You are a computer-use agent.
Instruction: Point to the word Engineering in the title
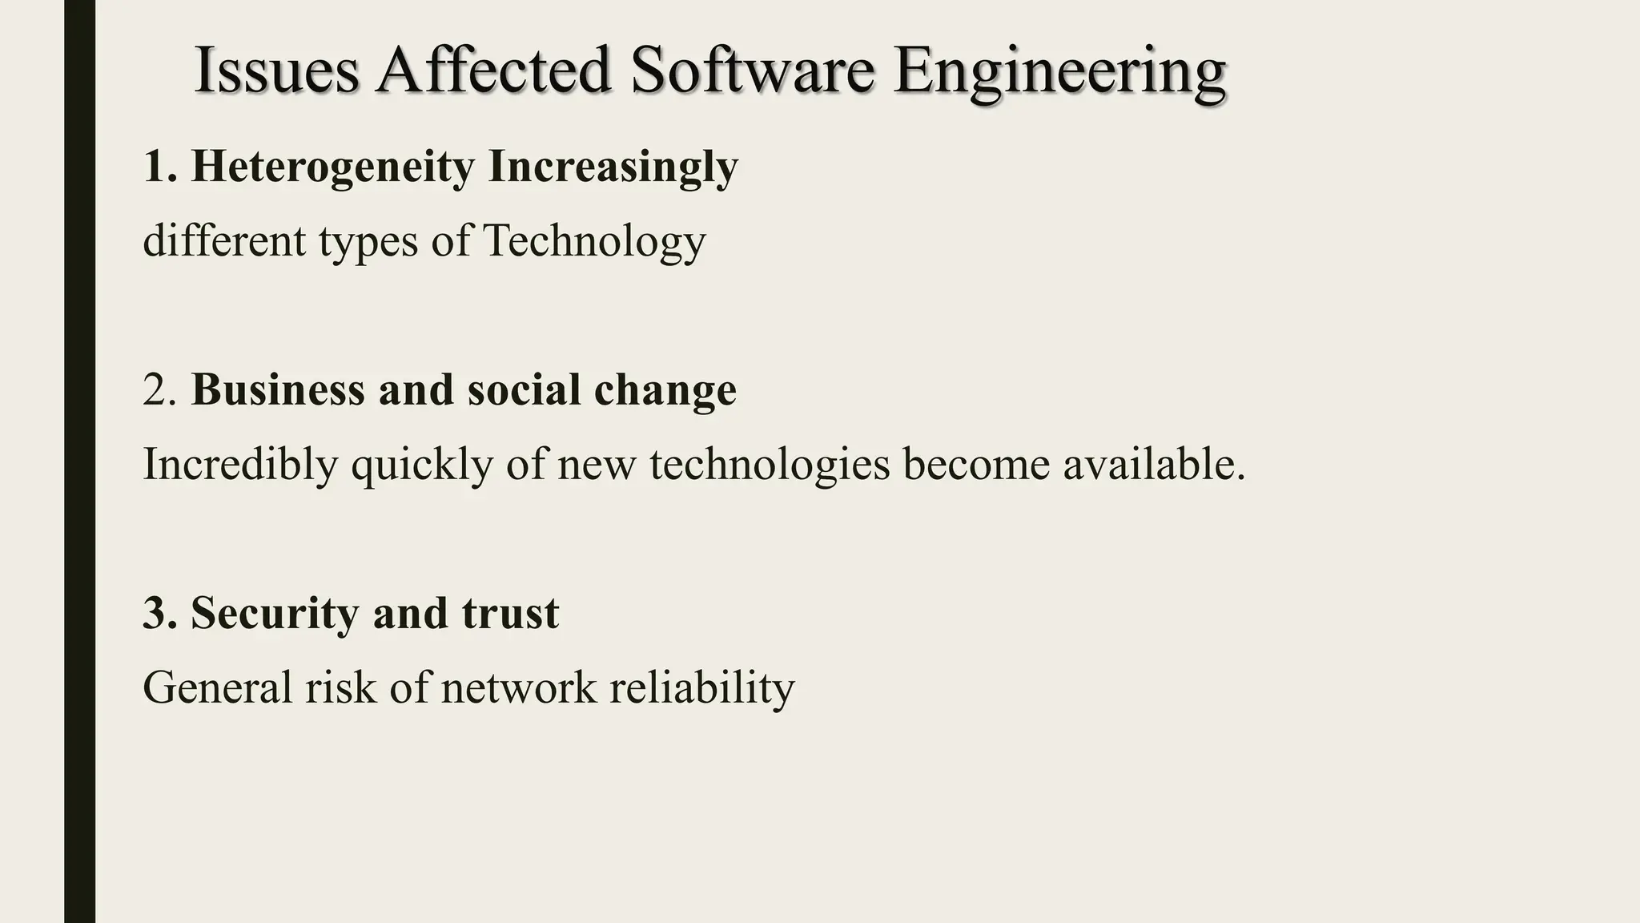(x=1059, y=72)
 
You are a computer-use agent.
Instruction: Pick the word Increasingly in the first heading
(x=613, y=168)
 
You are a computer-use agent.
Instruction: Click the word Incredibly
(x=240, y=465)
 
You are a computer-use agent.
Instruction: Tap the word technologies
(x=770, y=465)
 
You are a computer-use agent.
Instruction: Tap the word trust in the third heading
(x=510, y=613)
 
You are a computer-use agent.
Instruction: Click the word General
(x=217, y=687)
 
